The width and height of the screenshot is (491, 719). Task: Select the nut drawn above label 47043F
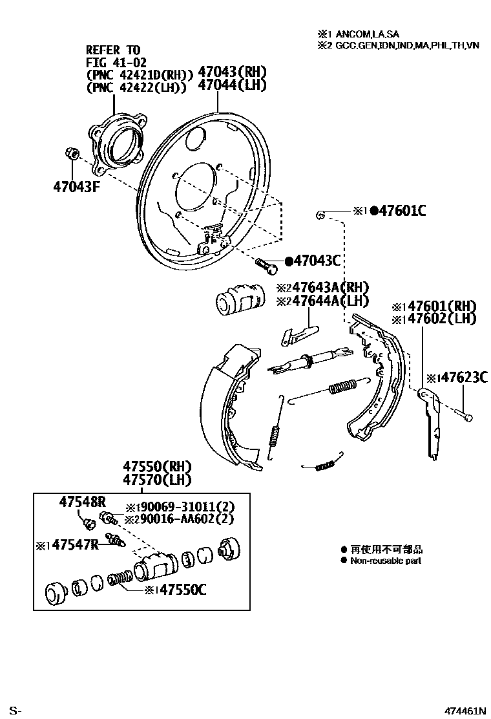[72, 155]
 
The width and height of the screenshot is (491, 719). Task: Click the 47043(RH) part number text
[232, 72]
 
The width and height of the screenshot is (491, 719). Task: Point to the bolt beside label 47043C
[266, 263]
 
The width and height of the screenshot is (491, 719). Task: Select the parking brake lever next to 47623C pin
[430, 423]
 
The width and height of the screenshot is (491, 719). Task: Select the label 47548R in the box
[83, 501]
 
